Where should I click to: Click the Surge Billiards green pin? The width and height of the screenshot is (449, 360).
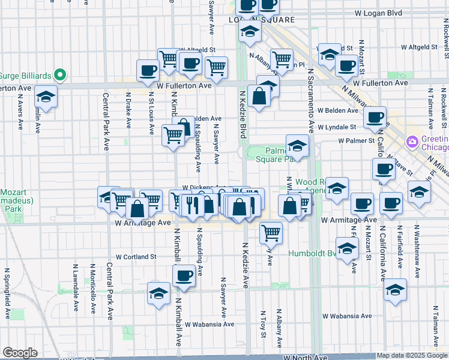click(59, 75)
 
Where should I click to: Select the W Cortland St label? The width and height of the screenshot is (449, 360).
click(136, 256)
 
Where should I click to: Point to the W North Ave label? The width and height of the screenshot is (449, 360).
click(307, 357)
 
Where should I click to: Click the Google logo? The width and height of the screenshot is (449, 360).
click(20, 353)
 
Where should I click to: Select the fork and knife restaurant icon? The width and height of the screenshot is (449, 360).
click(192, 205)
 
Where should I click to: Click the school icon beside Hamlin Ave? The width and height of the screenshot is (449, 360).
click(46, 95)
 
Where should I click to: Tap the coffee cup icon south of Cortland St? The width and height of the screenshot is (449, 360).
click(184, 275)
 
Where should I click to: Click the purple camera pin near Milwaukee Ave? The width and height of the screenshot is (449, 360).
click(412, 142)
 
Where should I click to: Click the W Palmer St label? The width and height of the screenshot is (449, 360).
click(357, 141)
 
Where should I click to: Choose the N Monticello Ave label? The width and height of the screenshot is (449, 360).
click(92, 287)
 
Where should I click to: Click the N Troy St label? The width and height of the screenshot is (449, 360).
click(264, 323)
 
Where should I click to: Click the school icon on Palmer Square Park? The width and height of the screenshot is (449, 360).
click(297, 145)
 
